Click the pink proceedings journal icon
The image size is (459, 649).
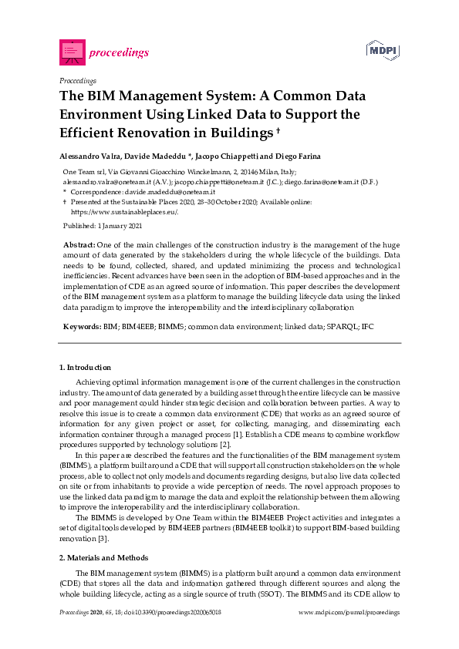point(71,52)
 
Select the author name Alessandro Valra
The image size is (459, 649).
point(92,155)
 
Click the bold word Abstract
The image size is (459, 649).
point(79,244)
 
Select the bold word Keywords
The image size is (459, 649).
point(81,327)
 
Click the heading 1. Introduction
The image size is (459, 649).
point(85,367)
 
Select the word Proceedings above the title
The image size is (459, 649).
point(77,80)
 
